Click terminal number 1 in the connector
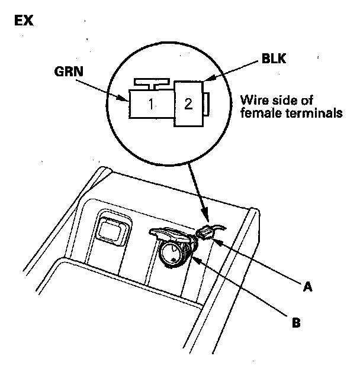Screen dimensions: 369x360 pos(151,105)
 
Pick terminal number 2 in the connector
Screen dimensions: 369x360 pos(188,105)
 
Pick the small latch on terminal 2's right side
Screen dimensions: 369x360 pos(209,105)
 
